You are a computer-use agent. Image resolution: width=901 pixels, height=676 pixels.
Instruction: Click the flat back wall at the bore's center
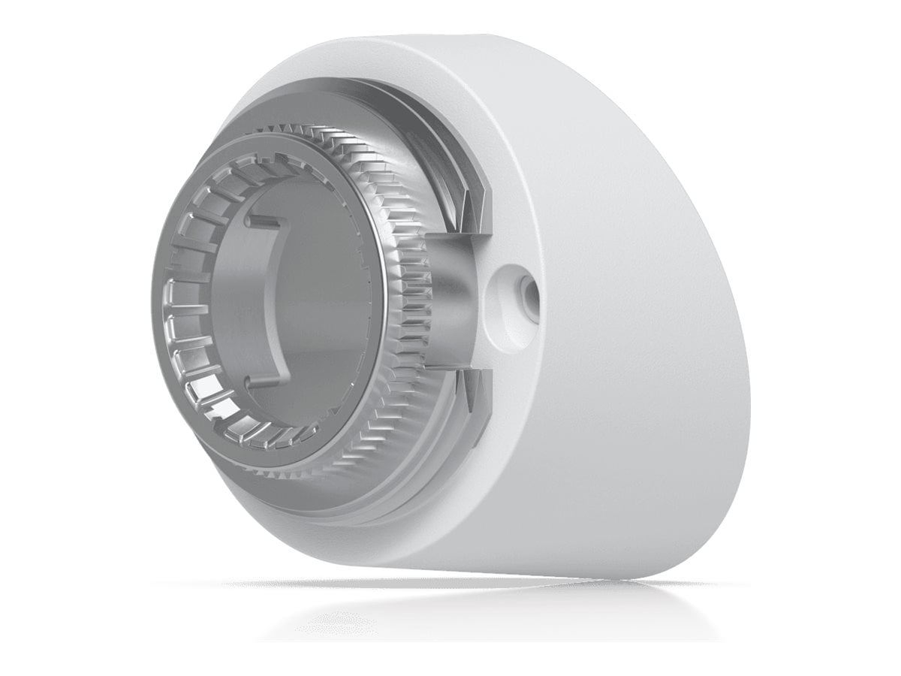click(x=323, y=300)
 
